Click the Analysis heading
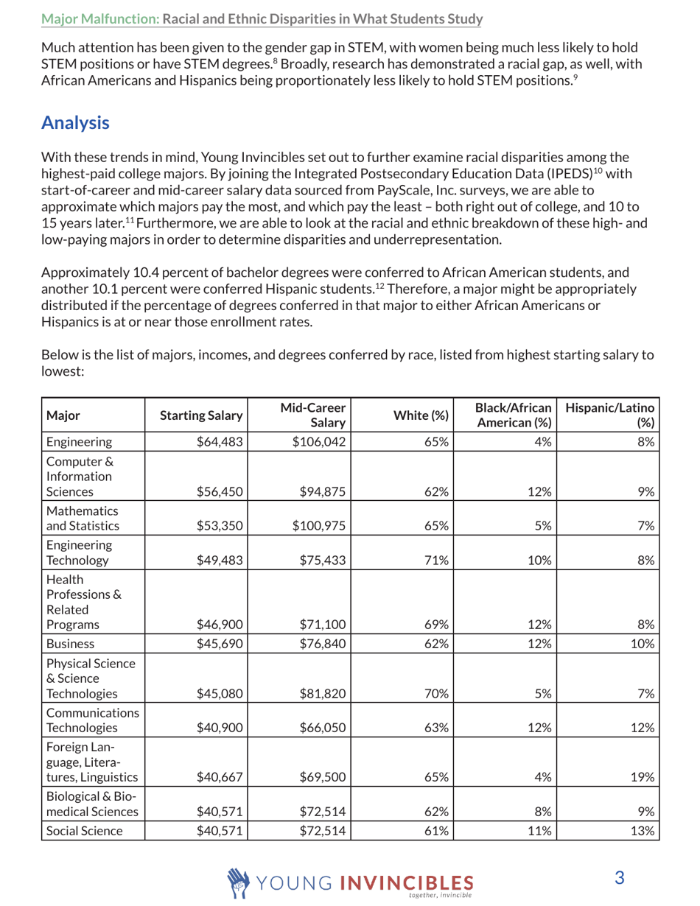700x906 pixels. coord(75,122)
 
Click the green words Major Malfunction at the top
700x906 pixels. coord(99,15)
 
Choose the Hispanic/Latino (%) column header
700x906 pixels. coord(612,416)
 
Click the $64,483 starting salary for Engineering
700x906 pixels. coord(223,442)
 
